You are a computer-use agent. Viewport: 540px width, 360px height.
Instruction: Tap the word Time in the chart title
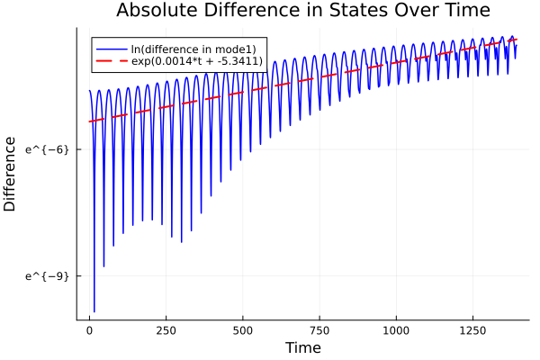click(x=460, y=11)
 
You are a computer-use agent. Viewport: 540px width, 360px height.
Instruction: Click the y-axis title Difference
click(x=10, y=174)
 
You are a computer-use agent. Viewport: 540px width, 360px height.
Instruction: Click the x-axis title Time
click(x=302, y=347)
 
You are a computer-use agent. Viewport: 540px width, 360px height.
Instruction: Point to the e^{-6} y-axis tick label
click(x=47, y=148)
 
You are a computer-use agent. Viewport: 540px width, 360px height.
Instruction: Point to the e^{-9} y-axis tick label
click(x=47, y=275)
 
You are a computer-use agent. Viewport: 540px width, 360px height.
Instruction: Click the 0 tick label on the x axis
click(x=89, y=330)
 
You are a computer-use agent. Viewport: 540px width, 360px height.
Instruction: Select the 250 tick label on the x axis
click(x=166, y=330)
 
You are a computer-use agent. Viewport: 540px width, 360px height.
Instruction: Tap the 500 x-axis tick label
click(x=242, y=330)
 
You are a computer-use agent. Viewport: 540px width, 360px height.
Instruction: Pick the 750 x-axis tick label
click(x=319, y=330)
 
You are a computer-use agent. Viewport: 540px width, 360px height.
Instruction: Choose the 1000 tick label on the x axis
click(x=395, y=330)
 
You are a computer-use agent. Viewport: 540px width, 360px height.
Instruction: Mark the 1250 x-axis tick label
click(x=472, y=330)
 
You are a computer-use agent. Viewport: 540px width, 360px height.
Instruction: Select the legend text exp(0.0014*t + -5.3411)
click(x=197, y=61)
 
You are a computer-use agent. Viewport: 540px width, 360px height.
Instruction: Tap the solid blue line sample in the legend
click(x=111, y=49)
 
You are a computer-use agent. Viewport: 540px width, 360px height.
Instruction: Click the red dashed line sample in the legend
click(x=111, y=61)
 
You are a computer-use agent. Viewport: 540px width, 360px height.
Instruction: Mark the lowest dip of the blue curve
click(x=94, y=310)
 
